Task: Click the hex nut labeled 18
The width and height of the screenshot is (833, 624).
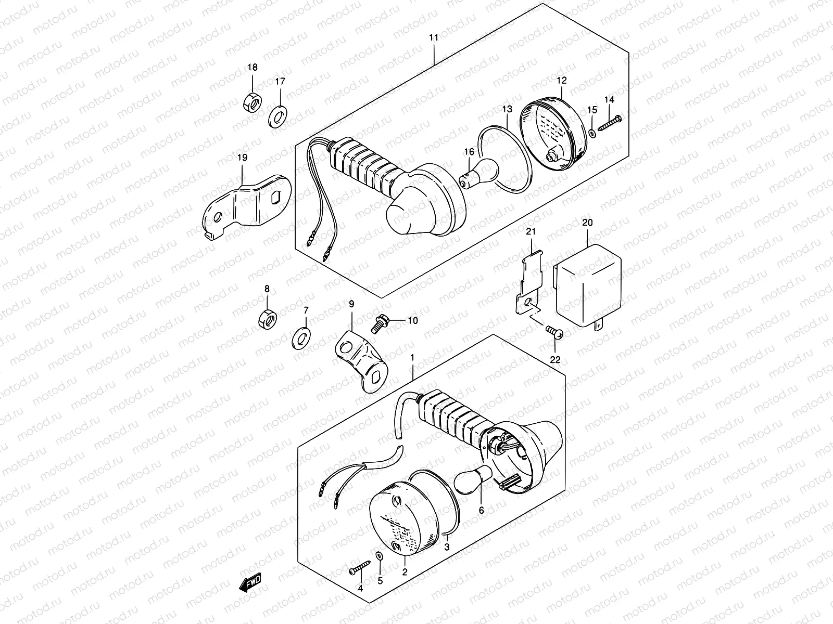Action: (x=253, y=101)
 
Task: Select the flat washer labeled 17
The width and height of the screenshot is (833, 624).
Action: (x=280, y=116)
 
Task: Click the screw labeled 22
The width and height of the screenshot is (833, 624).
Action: (x=553, y=331)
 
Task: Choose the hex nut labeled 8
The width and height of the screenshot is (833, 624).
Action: (x=267, y=318)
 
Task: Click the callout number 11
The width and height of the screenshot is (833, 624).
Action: (x=434, y=37)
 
